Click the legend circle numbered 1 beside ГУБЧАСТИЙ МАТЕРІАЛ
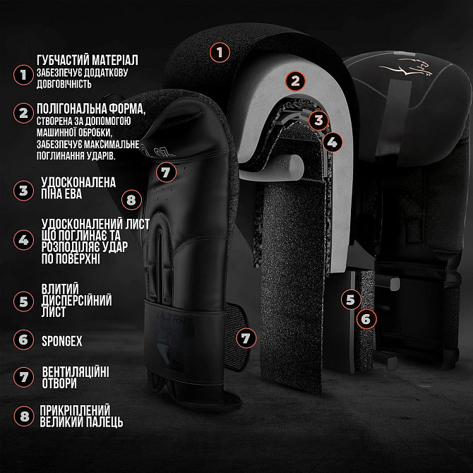[23, 75]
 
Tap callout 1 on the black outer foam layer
[220, 52]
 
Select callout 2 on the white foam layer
[295, 80]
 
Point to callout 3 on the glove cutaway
[319, 120]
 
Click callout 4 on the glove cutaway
[332, 142]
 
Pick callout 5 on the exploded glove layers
[351, 300]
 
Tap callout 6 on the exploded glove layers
[366, 319]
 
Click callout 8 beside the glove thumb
[131, 200]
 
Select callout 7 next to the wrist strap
[246, 338]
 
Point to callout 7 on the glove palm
[166, 172]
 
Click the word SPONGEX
[62, 341]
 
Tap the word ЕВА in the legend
[71, 194]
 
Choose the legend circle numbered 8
[24, 417]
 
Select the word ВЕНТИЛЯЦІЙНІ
[76, 372]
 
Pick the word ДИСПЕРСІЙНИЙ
[77, 301]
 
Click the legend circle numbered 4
[23, 240]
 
